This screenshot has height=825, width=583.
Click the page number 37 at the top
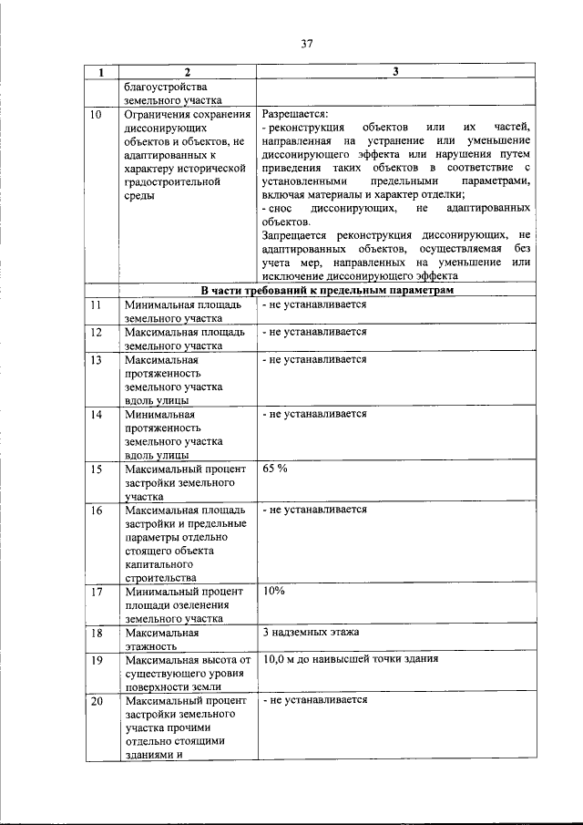click(x=305, y=42)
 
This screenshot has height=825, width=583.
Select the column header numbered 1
click(x=101, y=72)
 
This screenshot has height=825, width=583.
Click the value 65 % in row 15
click(x=274, y=468)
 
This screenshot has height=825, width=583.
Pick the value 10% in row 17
click(x=273, y=591)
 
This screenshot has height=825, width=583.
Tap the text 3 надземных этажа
click(x=310, y=632)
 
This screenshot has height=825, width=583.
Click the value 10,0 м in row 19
click(x=281, y=659)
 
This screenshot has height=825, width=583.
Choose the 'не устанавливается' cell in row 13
click(x=314, y=359)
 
